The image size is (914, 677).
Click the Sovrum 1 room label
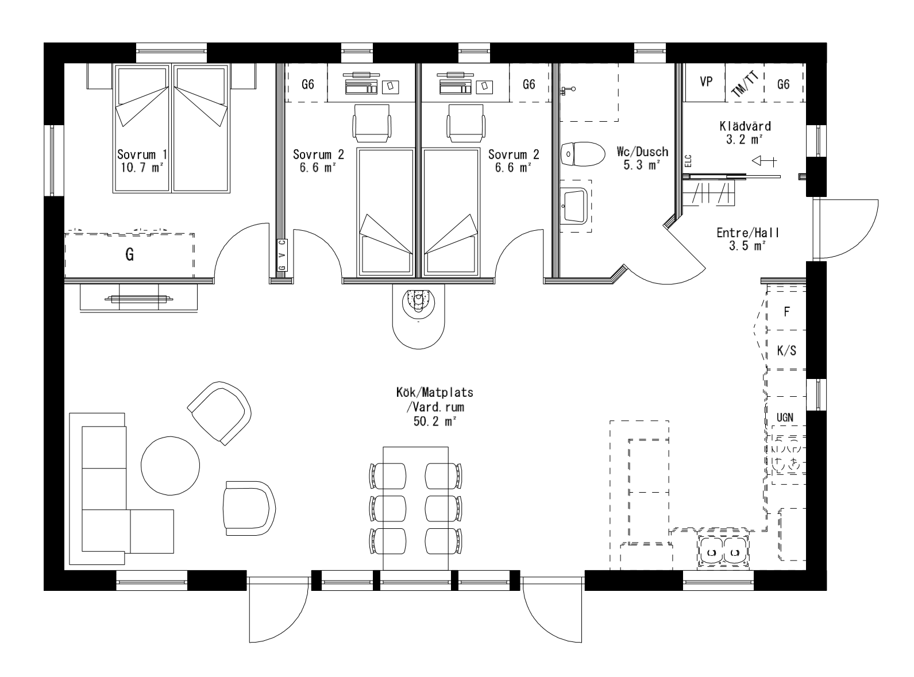pos(142,154)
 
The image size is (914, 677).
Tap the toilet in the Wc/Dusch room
pos(582,154)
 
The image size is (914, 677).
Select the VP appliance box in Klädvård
pos(706,82)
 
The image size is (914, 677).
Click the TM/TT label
pos(745,84)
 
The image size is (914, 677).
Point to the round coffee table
pos(171,465)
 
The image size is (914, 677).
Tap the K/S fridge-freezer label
pos(786,351)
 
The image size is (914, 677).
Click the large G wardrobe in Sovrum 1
pos(130,255)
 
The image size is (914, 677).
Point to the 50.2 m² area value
pos(434,421)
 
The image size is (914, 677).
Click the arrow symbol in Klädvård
pos(763,161)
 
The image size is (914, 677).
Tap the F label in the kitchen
pos(786,312)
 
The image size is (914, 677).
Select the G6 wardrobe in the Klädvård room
pos(783,84)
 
